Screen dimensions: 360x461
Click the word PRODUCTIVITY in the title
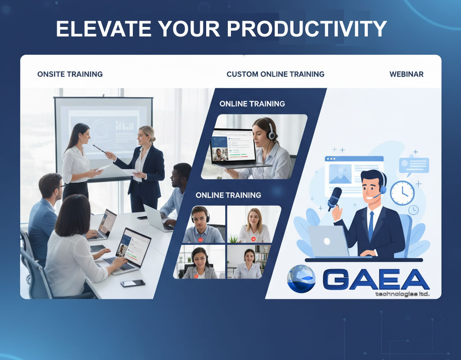coord(307,29)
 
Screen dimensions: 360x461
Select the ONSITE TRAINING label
coord(70,74)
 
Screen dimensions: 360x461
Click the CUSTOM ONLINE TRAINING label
coord(275,74)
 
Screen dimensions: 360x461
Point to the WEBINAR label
coord(406,74)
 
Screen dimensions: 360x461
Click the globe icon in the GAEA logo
coord(301,279)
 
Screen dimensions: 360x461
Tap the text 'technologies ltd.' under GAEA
coord(402,294)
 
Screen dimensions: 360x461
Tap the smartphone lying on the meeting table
coord(133,283)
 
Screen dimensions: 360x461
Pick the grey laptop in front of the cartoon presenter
coord(328,241)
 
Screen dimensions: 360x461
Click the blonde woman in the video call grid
coord(254,225)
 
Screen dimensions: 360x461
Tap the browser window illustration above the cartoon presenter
coord(354,173)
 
